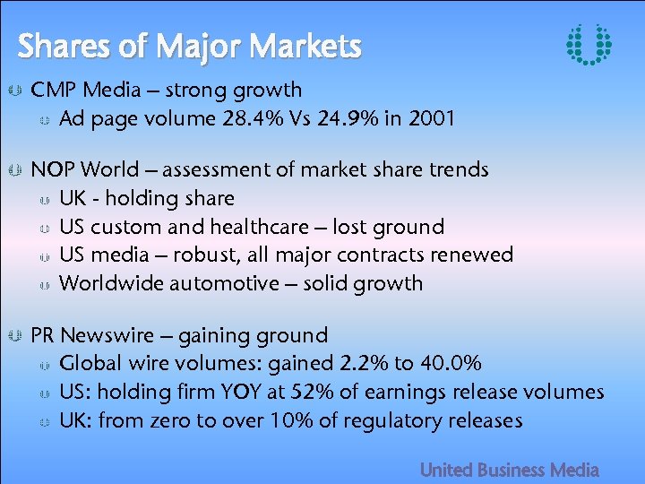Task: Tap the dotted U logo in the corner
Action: pos(589,44)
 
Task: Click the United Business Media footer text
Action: pos(510,470)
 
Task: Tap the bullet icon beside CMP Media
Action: pos(14,91)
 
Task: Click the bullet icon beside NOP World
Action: pos(14,169)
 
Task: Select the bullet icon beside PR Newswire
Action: pos(14,336)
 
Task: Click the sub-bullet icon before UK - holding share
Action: pos(45,199)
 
